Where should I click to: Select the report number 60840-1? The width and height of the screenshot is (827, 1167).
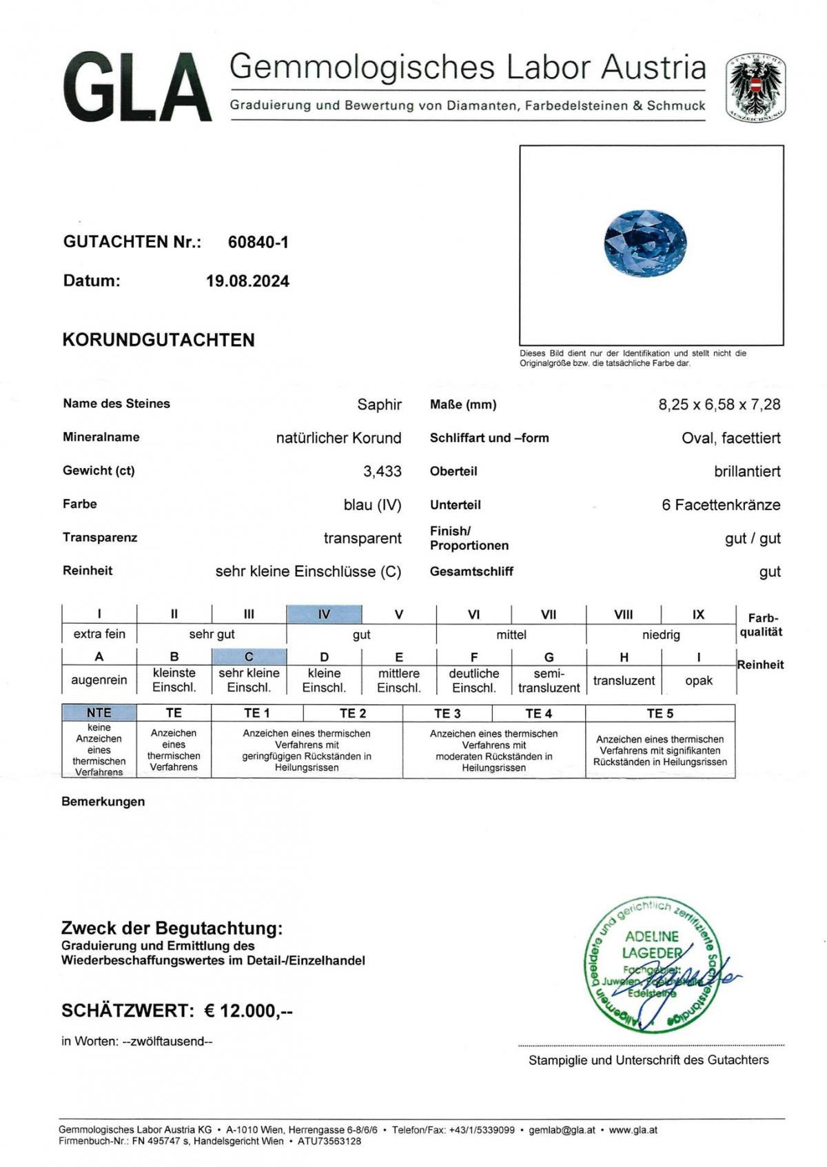[x=258, y=242]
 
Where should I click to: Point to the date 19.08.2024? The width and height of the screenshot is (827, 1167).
[x=247, y=281]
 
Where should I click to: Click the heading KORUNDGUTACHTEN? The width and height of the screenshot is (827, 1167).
[x=159, y=340]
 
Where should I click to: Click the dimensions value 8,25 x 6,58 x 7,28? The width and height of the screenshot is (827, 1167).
[x=719, y=405]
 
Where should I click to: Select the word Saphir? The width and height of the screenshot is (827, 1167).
[x=379, y=405]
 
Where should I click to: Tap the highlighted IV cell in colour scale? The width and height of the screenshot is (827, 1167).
[x=324, y=613]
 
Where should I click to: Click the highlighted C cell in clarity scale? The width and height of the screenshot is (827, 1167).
[x=249, y=656]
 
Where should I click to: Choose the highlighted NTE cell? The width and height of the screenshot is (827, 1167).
[x=99, y=712]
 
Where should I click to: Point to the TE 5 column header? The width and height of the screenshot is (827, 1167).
[x=660, y=713]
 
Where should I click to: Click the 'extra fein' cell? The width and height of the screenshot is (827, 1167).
[x=99, y=634]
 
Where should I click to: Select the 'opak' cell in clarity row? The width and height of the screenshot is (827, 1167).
[x=698, y=680]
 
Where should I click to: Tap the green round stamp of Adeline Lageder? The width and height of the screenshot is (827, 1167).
[x=651, y=965]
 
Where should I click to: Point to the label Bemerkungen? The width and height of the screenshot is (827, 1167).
[x=103, y=802]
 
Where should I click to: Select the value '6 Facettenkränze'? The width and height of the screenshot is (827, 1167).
[x=721, y=505]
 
